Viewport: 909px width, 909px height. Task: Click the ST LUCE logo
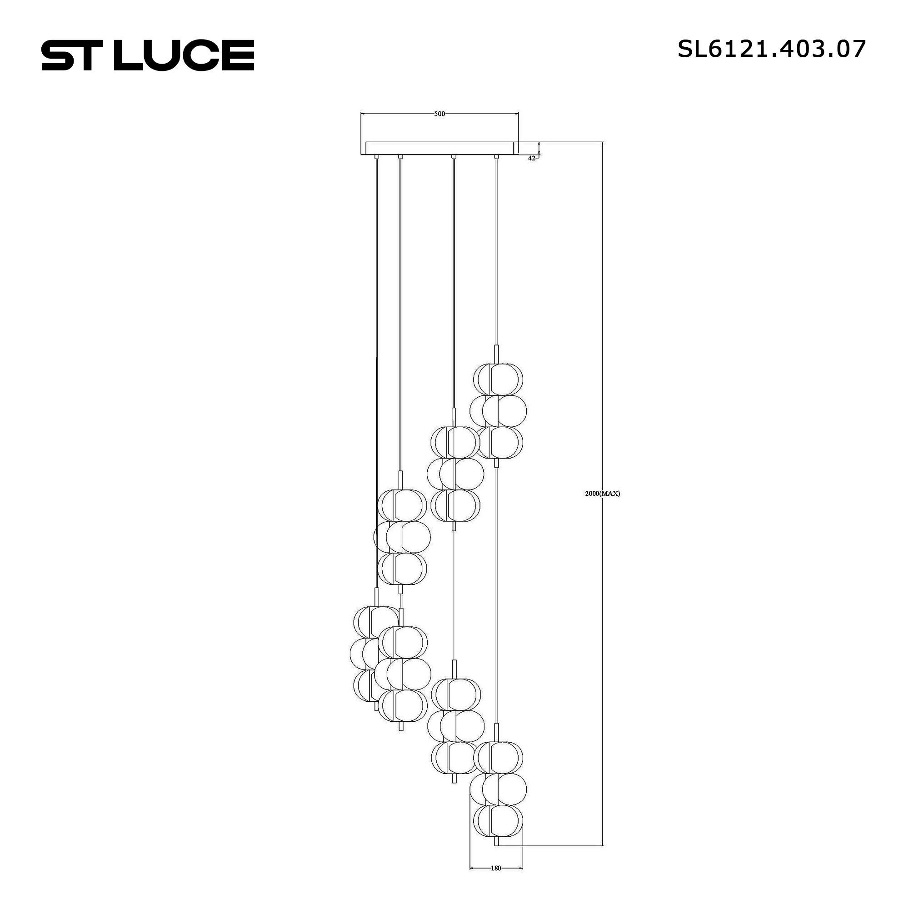(x=148, y=55)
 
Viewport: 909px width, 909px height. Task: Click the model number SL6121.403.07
(x=771, y=49)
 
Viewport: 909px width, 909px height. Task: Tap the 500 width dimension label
(x=439, y=114)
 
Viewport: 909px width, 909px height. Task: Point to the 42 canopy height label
(x=531, y=159)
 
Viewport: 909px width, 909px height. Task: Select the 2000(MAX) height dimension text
(x=602, y=494)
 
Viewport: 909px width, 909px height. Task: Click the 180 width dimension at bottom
(x=495, y=868)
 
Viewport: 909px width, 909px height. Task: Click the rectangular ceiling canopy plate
(x=440, y=148)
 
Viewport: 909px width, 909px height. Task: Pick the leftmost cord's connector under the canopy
(x=376, y=157)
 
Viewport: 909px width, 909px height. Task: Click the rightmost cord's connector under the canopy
(x=496, y=157)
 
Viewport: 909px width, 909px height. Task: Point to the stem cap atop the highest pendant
(x=496, y=354)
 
